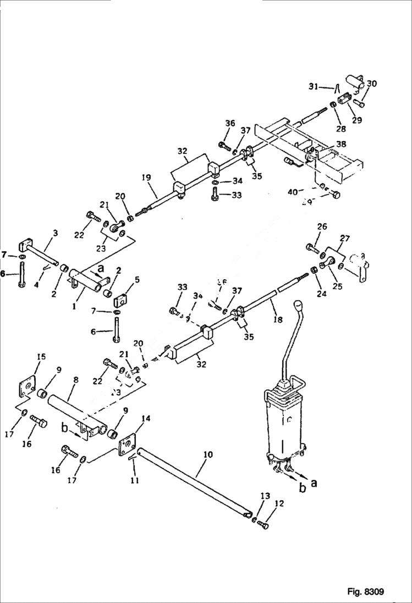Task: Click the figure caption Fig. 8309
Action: tap(365, 592)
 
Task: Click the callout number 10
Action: tap(207, 456)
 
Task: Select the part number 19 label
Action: tap(147, 178)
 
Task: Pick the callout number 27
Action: tap(345, 238)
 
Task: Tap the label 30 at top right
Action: tap(372, 84)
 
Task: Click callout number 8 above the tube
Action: tap(76, 379)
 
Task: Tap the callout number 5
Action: tap(137, 279)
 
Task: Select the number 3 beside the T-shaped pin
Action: tap(54, 234)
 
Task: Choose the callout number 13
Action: tap(265, 496)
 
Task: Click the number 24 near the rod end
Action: tap(321, 294)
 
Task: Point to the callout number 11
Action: tap(135, 480)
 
